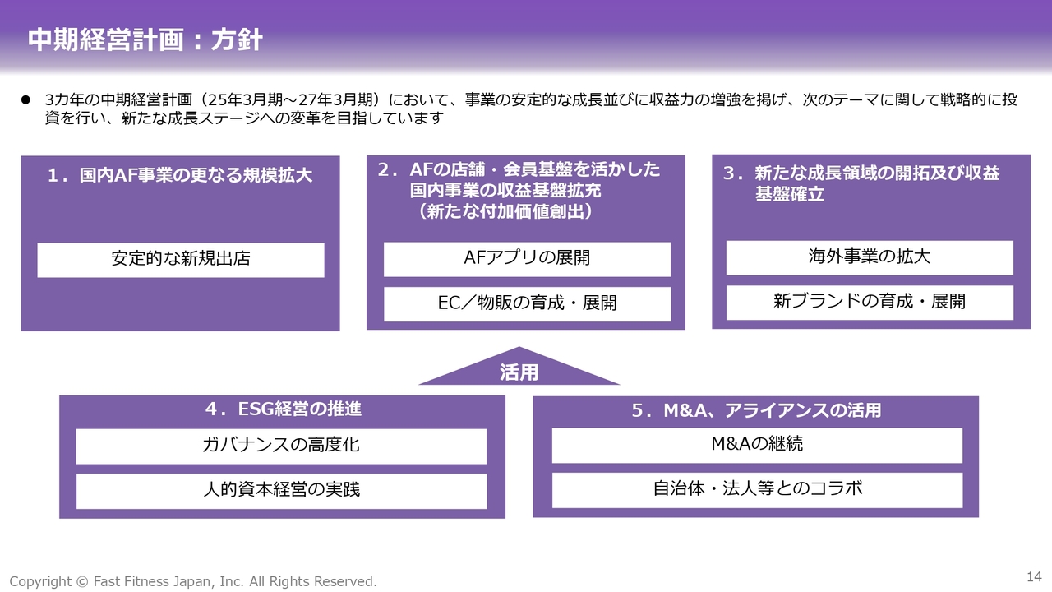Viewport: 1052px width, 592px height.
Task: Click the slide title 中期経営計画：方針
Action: (x=145, y=39)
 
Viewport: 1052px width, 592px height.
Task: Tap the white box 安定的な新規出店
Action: (x=181, y=260)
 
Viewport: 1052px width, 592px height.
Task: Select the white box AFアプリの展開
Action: (x=527, y=259)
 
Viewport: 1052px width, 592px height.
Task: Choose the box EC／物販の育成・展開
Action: (x=527, y=304)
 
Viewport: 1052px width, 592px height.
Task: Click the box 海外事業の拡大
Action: (x=870, y=257)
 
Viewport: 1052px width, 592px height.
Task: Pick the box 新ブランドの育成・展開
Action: (x=870, y=303)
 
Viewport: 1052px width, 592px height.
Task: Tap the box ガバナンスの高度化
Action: (x=281, y=446)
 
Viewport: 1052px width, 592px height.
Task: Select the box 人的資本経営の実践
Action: (x=281, y=491)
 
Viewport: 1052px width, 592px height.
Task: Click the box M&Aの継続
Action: (x=757, y=445)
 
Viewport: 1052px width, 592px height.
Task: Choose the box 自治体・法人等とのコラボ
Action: (x=757, y=490)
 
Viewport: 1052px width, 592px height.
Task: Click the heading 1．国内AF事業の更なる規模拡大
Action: (x=180, y=175)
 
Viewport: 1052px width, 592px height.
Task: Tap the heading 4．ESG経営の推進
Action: (x=284, y=409)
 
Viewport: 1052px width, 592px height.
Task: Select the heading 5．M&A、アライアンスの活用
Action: (x=756, y=410)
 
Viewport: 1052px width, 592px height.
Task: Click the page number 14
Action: (x=1034, y=576)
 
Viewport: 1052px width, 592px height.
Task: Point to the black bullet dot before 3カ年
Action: (x=25, y=99)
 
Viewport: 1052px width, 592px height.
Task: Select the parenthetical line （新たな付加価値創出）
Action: (x=505, y=211)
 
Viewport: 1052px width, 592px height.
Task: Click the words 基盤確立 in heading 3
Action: (x=790, y=193)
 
